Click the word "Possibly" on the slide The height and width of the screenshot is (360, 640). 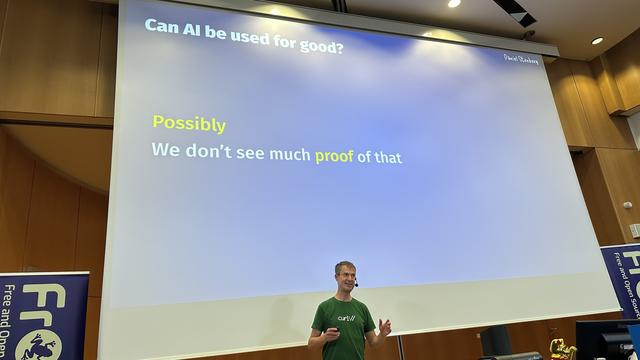(x=188, y=124)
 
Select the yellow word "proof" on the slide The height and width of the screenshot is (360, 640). (x=334, y=155)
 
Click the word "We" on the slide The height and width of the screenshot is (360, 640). (x=164, y=152)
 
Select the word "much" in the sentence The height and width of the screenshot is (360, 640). (x=290, y=155)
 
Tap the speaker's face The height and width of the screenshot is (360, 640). (x=344, y=277)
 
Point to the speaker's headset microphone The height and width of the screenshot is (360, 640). (x=355, y=284)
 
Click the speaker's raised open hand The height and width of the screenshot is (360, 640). (x=385, y=326)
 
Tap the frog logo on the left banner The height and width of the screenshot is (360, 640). (x=39, y=345)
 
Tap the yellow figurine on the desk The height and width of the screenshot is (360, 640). (x=561, y=347)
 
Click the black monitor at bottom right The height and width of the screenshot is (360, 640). (x=604, y=340)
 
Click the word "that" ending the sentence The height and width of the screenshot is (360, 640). (x=388, y=157)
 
